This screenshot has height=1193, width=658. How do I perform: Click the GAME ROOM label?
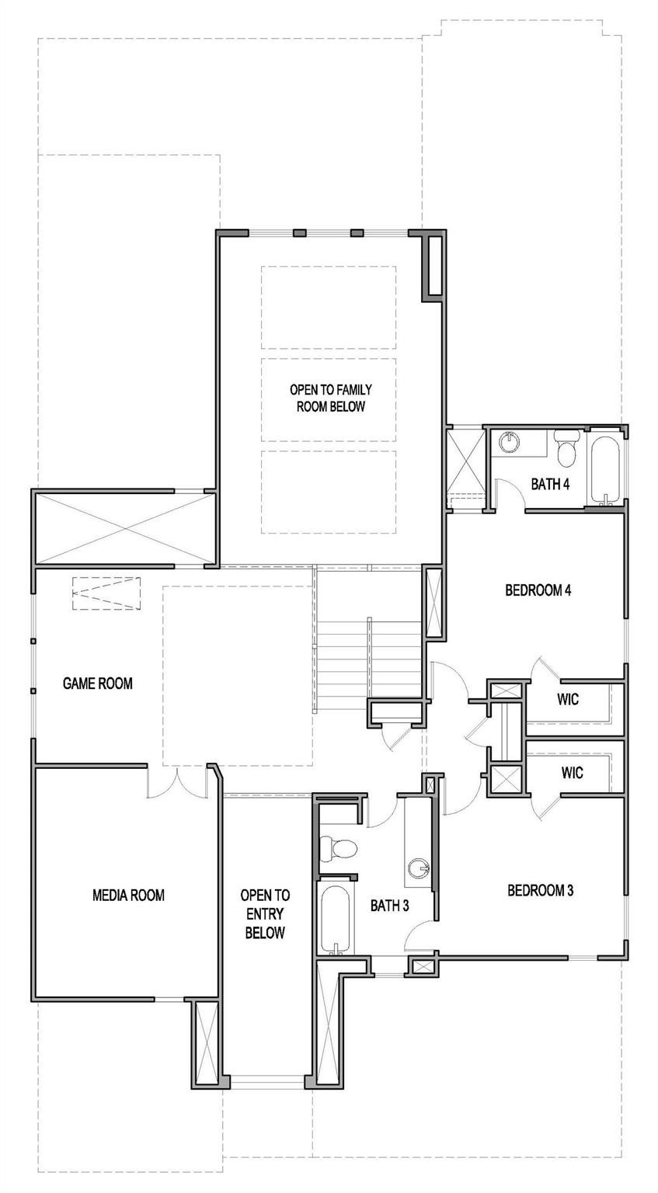(x=98, y=683)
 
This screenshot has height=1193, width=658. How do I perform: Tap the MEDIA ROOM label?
(x=128, y=896)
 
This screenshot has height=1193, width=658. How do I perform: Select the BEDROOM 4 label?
(x=538, y=590)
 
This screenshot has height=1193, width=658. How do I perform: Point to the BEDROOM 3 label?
(x=540, y=891)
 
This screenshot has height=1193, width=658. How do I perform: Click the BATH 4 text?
(x=550, y=485)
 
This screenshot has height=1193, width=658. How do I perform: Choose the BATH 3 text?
(x=390, y=906)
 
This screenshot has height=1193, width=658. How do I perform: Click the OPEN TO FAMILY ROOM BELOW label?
(x=331, y=398)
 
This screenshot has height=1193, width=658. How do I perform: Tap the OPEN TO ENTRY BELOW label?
(x=265, y=914)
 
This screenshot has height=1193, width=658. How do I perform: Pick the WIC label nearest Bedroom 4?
(x=568, y=699)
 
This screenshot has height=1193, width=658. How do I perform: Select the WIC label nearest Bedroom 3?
(x=572, y=772)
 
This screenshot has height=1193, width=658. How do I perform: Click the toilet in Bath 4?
(x=566, y=447)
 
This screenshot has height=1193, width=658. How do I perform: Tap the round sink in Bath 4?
(x=511, y=441)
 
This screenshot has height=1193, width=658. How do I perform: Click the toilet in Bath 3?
(x=337, y=847)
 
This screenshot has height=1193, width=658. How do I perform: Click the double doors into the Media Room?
(x=177, y=782)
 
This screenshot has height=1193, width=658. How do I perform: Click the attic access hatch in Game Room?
(x=106, y=593)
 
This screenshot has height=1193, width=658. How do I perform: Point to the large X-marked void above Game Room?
(x=124, y=528)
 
